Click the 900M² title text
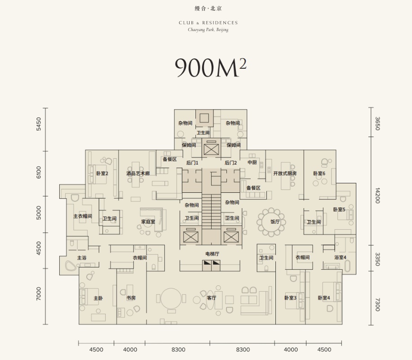tap(210, 68)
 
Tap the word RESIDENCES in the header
tap(220, 23)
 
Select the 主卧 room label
tap(98, 298)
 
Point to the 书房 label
tap(131, 298)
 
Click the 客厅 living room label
tap(212, 298)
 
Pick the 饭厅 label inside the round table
tap(275, 222)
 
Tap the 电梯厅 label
tap(213, 254)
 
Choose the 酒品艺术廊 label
tap(138, 173)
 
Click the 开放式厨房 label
tap(285, 173)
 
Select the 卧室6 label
tap(319, 173)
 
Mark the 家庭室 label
tap(148, 222)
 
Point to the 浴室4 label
tap(340, 258)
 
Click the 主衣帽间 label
tap(83, 216)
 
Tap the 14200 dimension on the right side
tap(377, 196)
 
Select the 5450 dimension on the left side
tap(39, 124)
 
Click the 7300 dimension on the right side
tap(377, 305)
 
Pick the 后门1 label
tap(192, 163)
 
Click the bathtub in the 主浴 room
tap(71, 266)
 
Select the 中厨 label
tap(252, 162)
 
